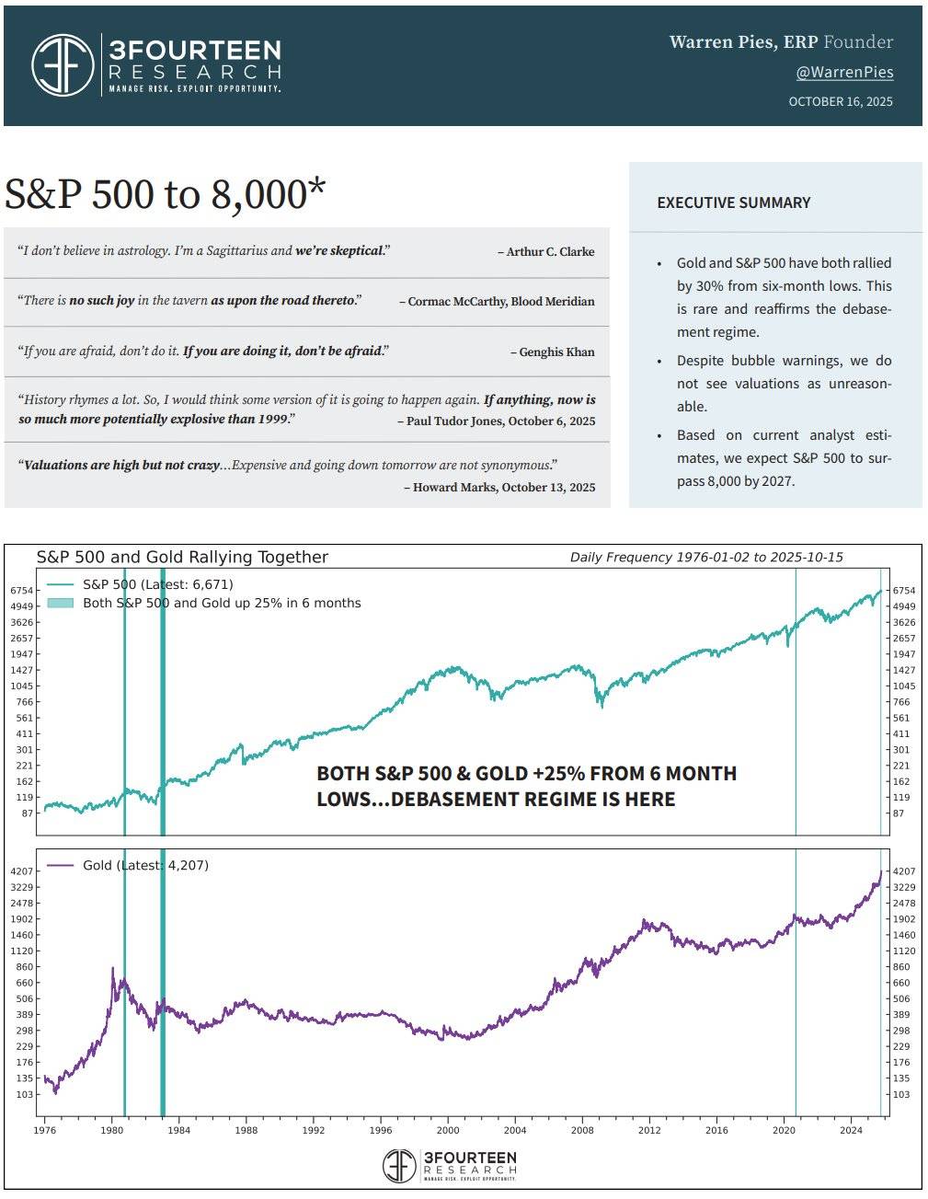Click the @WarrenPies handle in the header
click(844, 72)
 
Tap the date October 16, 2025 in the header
click(840, 101)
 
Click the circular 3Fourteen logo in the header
click(63, 64)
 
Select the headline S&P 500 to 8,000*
click(166, 194)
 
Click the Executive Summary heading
click(733, 202)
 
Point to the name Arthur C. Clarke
click(550, 251)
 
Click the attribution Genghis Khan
click(556, 352)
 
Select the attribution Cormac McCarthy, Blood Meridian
click(500, 301)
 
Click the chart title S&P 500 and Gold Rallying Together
click(182, 557)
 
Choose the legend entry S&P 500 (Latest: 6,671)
click(157, 583)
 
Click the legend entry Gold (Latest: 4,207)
click(145, 865)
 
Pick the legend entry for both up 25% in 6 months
click(222, 603)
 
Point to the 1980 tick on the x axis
click(111, 1129)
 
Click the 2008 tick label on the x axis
click(581, 1129)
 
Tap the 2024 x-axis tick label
click(851, 1129)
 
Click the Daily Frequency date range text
click(706, 557)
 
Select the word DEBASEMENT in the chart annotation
click(456, 799)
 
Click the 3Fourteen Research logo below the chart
click(450, 1165)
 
